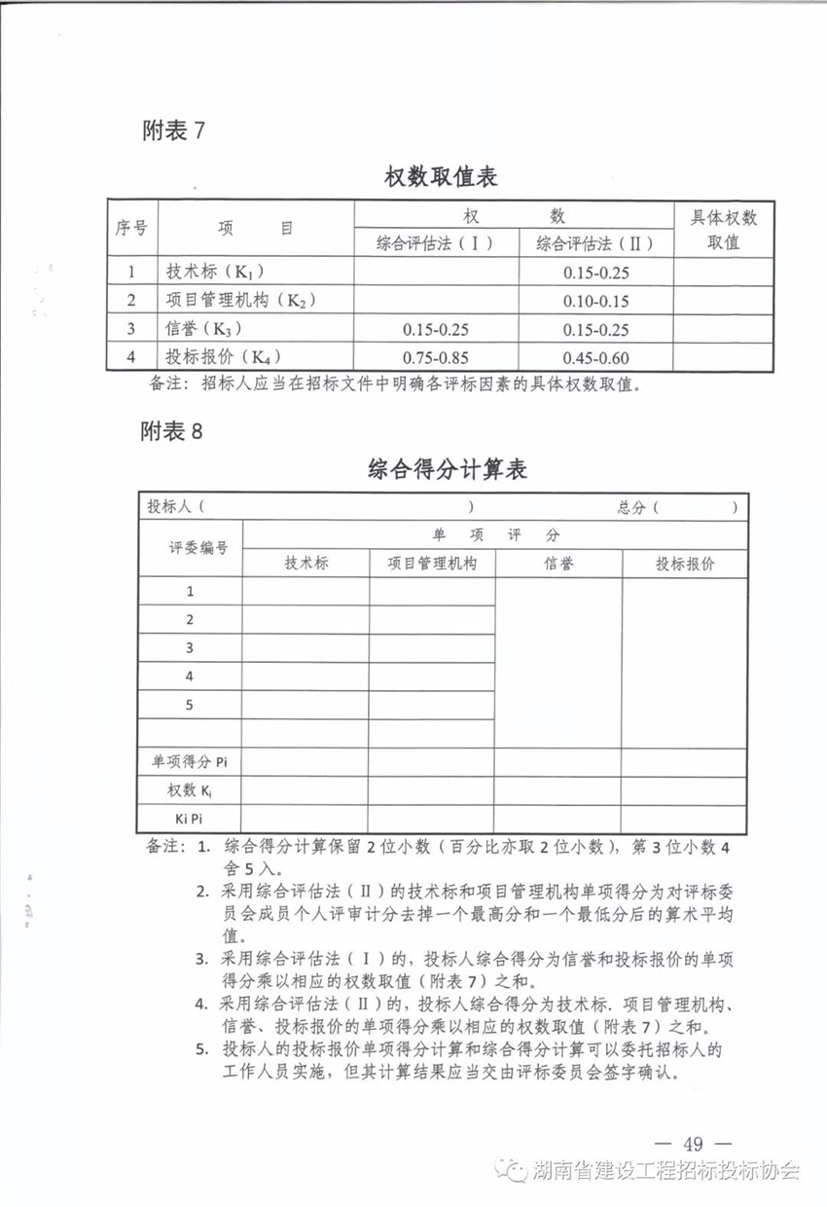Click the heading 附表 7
[x=174, y=130]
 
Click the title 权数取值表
[x=441, y=177]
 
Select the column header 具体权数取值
[x=723, y=230]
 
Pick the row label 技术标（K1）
[x=215, y=273]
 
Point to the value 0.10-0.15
[x=595, y=301]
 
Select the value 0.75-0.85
[x=435, y=357]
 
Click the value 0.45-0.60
[x=595, y=357]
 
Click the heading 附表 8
[x=174, y=431]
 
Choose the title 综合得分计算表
[x=448, y=470]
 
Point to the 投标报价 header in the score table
[x=684, y=564]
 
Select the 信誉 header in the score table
[x=558, y=564]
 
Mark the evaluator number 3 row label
[x=190, y=647]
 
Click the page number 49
[x=693, y=1144]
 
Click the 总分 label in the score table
[x=631, y=507]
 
